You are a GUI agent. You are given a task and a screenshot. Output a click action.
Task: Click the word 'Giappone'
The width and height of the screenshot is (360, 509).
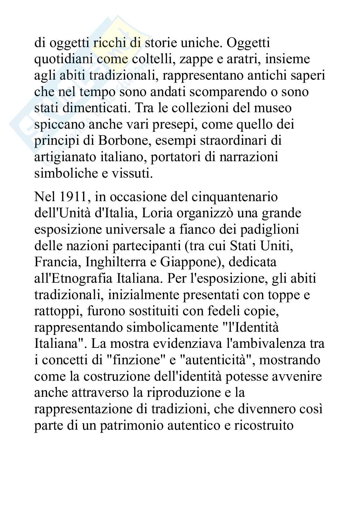pos(189,262)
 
